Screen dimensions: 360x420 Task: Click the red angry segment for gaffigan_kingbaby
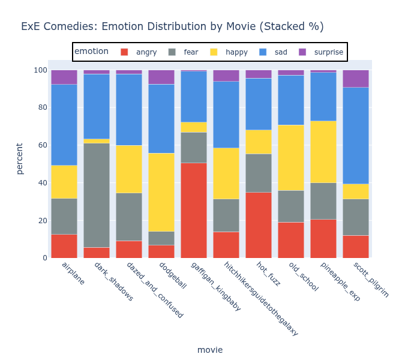point(194,210)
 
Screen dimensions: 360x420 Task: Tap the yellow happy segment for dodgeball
point(161,192)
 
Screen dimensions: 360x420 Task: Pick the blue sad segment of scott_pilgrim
point(356,136)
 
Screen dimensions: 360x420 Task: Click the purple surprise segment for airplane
point(64,77)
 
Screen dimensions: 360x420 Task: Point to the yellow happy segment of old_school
point(291,158)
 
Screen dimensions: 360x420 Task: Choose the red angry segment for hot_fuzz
point(259,225)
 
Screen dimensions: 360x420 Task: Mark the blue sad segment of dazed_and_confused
point(129,109)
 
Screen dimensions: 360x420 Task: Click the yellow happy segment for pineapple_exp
point(323,152)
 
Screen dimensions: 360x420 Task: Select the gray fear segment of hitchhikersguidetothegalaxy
point(226,215)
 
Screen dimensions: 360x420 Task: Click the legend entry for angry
point(139,52)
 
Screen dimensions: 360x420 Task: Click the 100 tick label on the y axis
point(40,70)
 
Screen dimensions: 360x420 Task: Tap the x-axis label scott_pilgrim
point(371,279)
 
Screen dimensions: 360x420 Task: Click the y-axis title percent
point(20,158)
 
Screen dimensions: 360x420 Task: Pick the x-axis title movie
point(210,350)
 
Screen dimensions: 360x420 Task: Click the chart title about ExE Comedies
point(172,26)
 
